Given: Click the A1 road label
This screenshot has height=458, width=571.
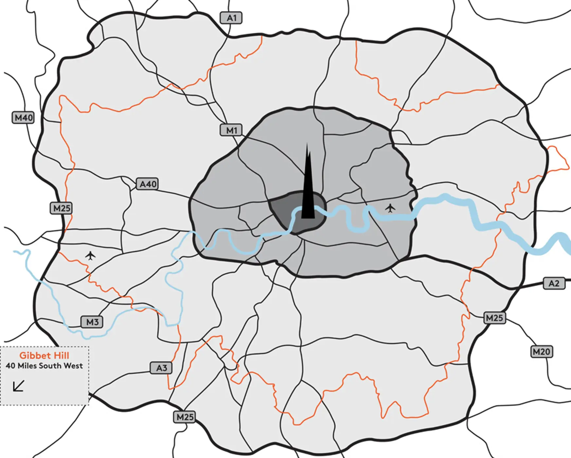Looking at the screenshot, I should point(231,18).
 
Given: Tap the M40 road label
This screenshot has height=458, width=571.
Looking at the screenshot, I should point(23,118).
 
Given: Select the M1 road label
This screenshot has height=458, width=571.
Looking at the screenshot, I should point(231,130).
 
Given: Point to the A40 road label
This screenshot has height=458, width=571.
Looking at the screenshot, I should point(148,184).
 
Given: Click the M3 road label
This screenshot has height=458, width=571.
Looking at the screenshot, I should point(92,322).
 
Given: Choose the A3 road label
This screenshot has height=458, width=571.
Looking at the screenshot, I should point(161,368).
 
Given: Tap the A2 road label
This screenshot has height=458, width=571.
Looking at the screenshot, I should point(554,283).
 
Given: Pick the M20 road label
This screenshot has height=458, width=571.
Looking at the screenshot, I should point(541,352).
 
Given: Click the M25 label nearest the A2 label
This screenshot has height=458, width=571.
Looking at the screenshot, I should point(494,318).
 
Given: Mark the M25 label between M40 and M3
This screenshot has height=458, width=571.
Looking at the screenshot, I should point(62,208).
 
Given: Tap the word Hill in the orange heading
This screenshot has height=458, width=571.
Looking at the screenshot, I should point(61,356).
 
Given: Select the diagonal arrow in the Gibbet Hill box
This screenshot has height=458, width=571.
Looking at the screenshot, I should point(19,386).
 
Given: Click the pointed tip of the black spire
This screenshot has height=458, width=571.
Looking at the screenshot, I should point(307,144).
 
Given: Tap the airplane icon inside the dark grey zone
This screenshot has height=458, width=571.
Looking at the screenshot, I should point(390,208).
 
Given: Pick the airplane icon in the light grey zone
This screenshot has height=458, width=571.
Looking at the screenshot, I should point(90,255).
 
